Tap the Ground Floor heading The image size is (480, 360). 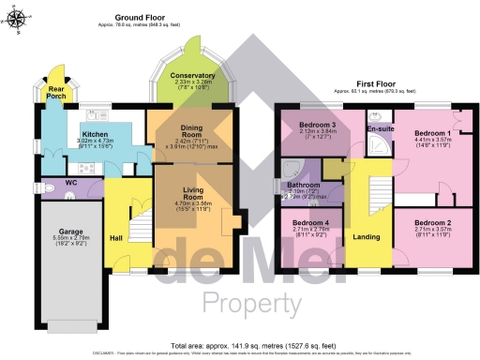(140, 18)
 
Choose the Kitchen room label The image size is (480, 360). (95, 136)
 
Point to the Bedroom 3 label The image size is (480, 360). (317, 125)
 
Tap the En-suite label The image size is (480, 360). (379, 127)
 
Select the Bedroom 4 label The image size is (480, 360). (303, 221)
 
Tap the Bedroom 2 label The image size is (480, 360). (433, 222)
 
